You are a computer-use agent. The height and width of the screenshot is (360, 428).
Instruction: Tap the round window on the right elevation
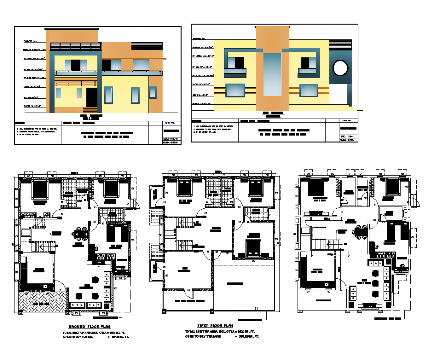click(x=339, y=68)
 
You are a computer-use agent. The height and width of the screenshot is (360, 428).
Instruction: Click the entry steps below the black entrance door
click(x=92, y=108)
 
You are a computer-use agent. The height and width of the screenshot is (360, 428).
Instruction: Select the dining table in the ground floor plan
click(x=81, y=235)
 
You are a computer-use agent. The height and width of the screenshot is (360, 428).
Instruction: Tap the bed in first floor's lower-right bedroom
click(x=252, y=246)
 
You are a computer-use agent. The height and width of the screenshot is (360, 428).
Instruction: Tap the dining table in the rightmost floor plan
click(x=362, y=233)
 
